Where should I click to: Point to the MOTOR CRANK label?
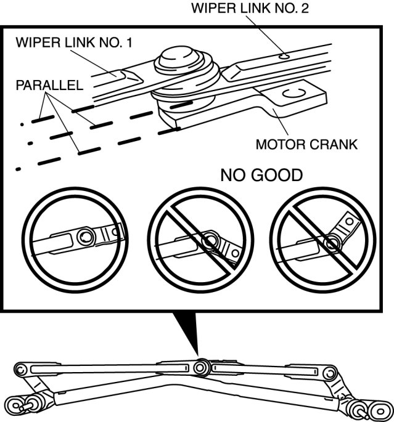306,145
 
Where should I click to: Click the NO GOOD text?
261,176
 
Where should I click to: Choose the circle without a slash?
76,237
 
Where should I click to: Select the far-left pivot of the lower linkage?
20,370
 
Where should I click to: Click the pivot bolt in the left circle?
84,234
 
